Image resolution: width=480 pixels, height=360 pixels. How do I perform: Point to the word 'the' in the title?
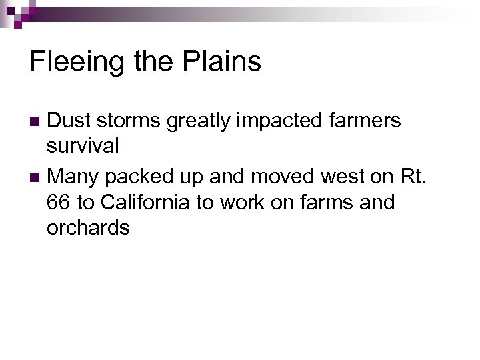pos(152,61)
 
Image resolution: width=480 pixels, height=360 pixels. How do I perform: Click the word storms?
pos(128,121)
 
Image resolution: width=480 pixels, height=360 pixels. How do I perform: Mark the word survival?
pos(83,145)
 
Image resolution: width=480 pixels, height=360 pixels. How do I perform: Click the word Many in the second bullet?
pos(74,177)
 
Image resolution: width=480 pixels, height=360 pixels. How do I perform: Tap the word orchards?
pos(88,228)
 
